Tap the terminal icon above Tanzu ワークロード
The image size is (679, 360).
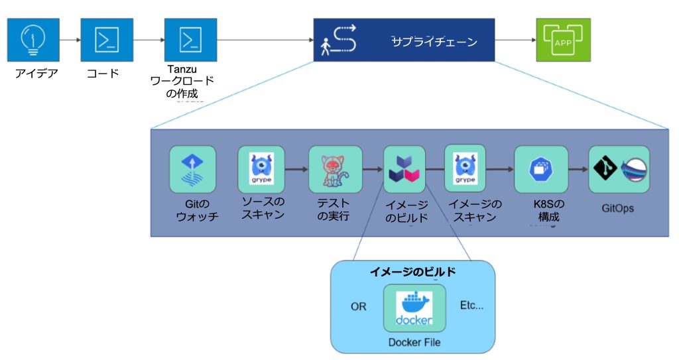190,40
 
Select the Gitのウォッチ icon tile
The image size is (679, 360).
192,169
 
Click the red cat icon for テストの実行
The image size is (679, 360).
335,170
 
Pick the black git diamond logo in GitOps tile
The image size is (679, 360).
605,170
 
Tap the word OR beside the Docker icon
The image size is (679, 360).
358,307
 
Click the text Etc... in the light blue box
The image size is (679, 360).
471,306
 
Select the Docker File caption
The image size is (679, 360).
414,342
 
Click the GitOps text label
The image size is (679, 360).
617,208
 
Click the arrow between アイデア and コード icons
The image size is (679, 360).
69,40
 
